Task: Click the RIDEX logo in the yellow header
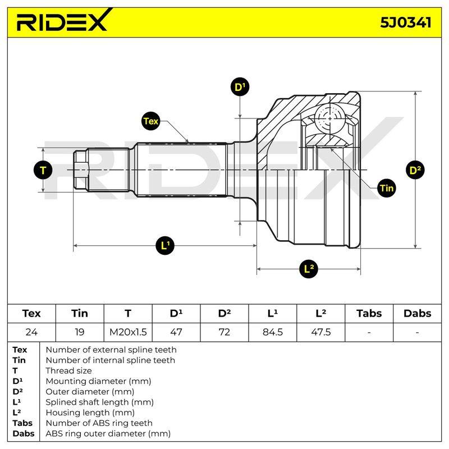pos(62,20)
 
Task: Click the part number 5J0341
pos(405,22)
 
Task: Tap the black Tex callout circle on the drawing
pos(150,121)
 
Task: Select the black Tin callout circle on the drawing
pos(387,188)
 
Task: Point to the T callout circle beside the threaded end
pos(43,170)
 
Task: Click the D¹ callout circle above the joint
pos(240,87)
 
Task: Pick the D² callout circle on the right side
pos(415,170)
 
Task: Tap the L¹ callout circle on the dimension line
pos(165,245)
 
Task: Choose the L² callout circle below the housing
pos(308,269)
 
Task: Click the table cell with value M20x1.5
pos(128,332)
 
